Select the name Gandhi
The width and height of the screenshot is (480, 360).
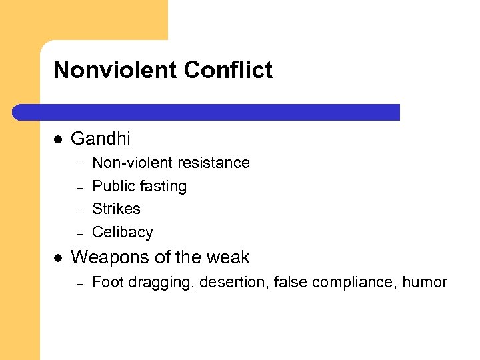101,139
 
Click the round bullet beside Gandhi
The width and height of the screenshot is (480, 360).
58,139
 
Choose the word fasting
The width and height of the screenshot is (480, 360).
163,186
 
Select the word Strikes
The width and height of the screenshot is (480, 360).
116,209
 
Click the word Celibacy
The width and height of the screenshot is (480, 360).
123,232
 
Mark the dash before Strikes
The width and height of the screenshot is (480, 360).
79,210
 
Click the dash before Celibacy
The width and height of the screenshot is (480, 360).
79,233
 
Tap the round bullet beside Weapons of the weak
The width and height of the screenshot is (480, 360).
58,257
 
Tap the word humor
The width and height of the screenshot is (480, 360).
425,282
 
